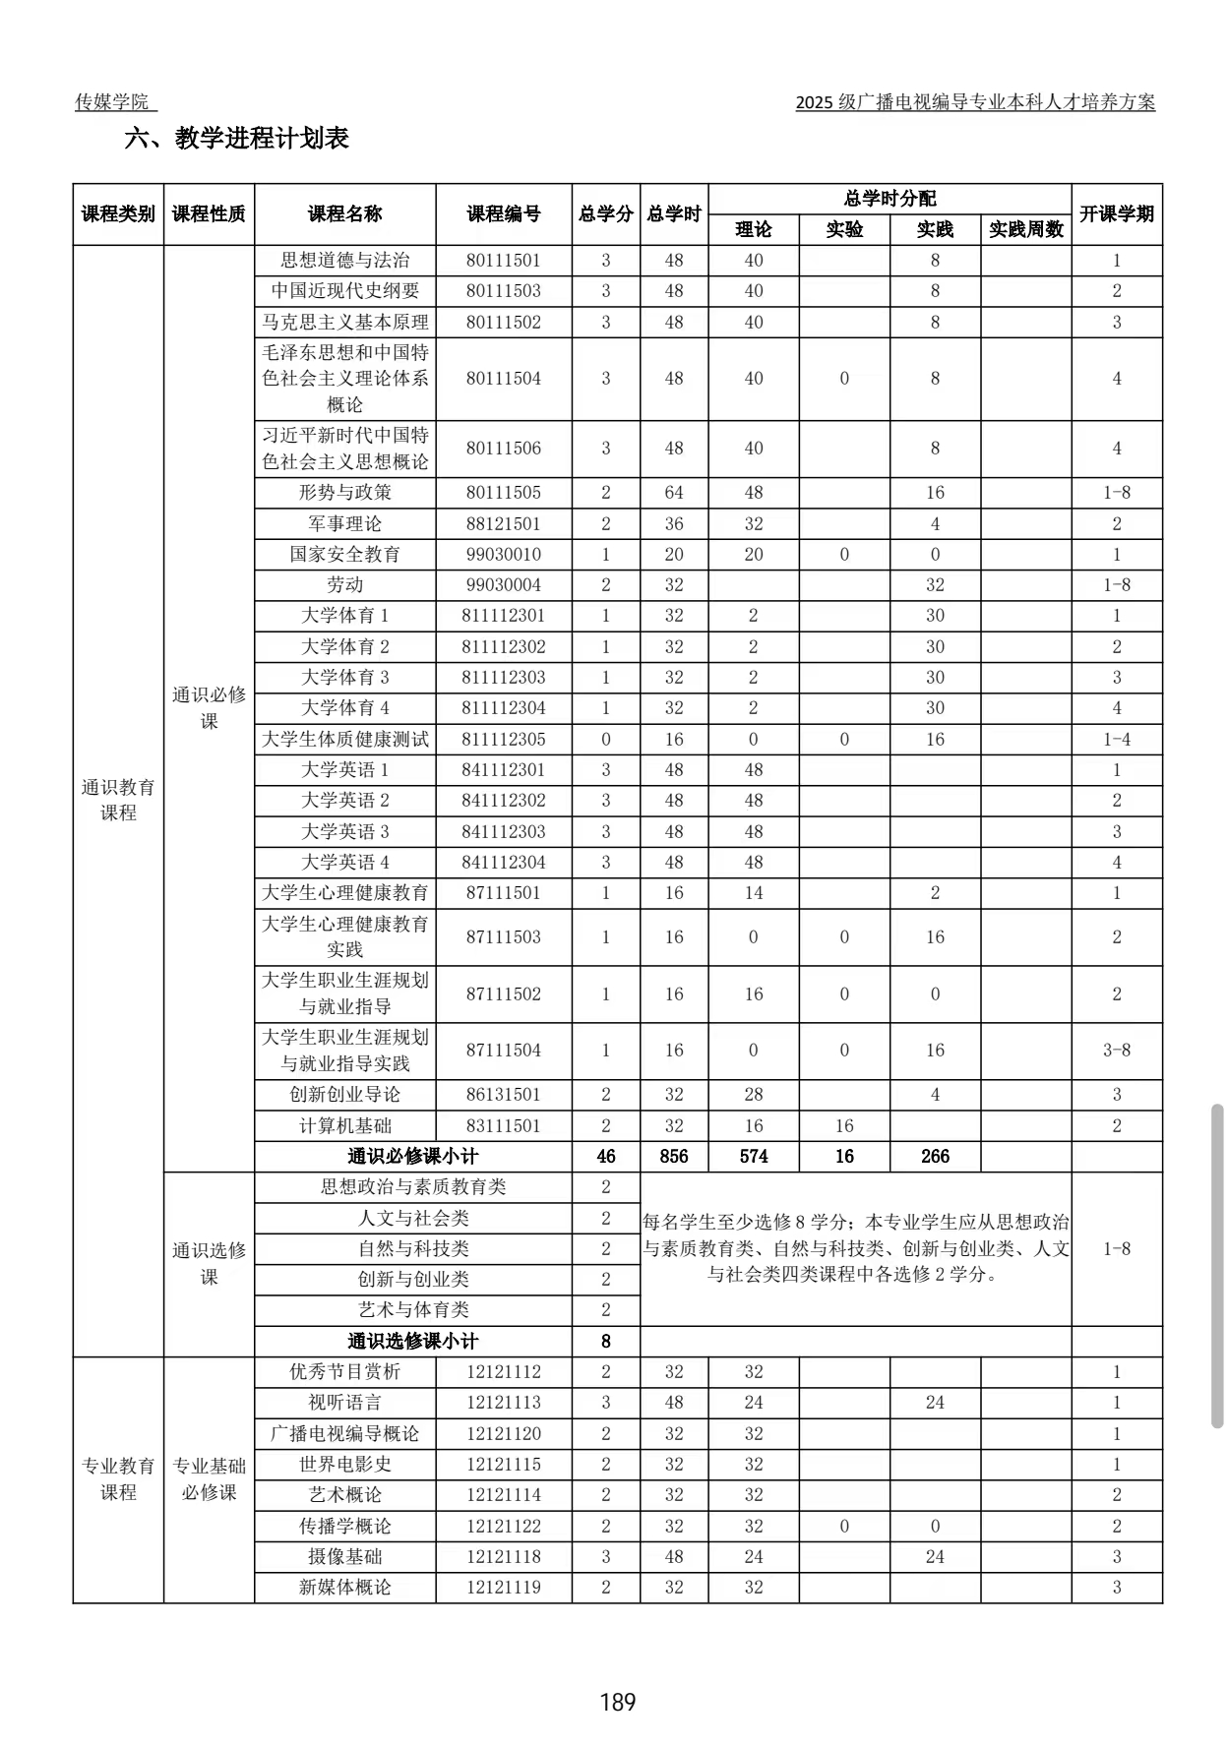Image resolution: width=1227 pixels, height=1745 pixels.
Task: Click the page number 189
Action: (x=617, y=1702)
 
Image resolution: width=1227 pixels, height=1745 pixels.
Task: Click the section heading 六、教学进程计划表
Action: (x=236, y=139)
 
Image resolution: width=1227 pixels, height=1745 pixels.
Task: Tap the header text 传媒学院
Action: (x=113, y=102)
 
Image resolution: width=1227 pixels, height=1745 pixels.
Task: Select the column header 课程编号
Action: (x=503, y=214)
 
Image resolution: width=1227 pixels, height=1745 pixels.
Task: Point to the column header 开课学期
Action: (x=1116, y=214)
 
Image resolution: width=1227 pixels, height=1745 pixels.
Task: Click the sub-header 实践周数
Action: (x=1025, y=230)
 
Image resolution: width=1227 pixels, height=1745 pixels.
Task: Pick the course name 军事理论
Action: (x=344, y=523)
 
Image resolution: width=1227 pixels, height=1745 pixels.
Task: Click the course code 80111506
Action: (x=503, y=449)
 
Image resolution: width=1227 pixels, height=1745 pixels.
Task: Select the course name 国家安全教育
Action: (x=344, y=555)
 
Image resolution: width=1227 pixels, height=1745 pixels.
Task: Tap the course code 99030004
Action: (x=503, y=585)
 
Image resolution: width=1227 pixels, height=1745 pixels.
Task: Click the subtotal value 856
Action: (x=673, y=1157)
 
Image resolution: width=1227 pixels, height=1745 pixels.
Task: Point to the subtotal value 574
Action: (x=753, y=1157)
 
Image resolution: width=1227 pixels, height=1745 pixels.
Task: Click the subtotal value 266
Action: (x=934, y=1157)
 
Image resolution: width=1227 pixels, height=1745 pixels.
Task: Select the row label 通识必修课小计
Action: (x=412, y=1157)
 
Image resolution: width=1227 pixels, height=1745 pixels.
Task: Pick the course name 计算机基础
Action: (x=344, y=1126)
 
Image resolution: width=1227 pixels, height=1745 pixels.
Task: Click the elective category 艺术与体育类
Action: (x=412, y=1310)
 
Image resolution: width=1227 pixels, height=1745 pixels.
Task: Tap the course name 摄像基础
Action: (x=344, y=1557)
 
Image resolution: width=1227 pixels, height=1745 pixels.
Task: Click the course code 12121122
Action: (x=503, y=1527)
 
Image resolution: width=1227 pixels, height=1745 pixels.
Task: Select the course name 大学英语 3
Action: (x=344, y=832)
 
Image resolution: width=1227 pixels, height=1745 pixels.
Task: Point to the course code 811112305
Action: (x=503, y=740)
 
